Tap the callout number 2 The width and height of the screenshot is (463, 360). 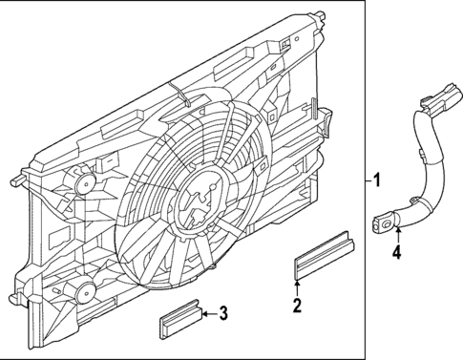point(297,306)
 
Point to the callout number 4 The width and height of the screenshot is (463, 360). point(396,253)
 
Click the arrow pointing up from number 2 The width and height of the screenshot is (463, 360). point(297,286)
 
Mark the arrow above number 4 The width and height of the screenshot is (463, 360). point(396,235)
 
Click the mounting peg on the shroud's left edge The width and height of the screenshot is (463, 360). point(19,180)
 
